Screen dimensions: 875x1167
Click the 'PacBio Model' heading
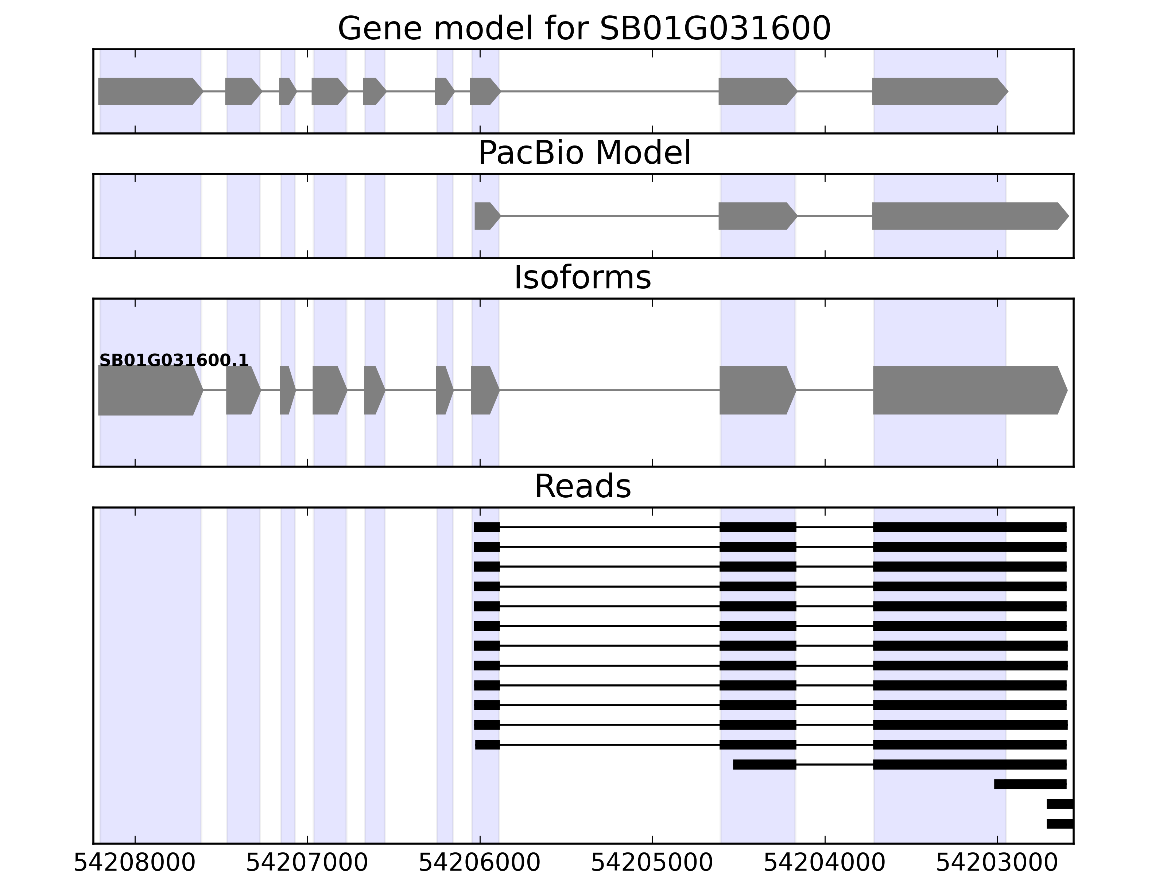coord(584,153)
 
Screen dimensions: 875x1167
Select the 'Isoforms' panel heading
coord(582,278)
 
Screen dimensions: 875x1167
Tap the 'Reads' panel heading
coord(582,486)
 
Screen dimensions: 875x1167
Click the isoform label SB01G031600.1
coord(174,360)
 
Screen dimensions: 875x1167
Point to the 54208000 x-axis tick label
coord(135,863)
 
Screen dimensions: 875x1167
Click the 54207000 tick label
coord(307,863)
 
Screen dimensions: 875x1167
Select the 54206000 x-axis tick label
coord(480,863)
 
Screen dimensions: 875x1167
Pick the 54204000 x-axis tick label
coord(825,863)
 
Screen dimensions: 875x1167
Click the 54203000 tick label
coord(997,863)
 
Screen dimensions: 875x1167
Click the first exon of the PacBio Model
coord(486,216)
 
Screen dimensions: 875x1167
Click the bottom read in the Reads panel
coord(1059,824)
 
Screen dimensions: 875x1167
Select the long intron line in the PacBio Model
coord(609,216)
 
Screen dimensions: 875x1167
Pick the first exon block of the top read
coord(486,527)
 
